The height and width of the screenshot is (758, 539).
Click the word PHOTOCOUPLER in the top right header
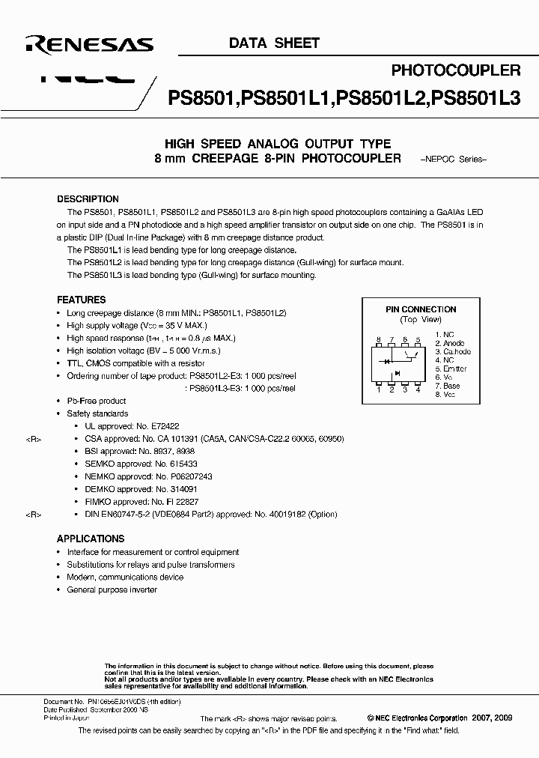click(x=456, y=70)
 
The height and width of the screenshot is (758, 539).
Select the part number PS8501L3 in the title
click(x=477, y=97)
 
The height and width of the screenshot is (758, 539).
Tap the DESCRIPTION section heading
click(x=88, y=199)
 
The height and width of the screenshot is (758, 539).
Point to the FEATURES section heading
click(x=81, y=298)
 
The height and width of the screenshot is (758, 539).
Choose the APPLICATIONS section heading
click(x=91, y=539)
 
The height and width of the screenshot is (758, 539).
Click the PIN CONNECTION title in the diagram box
click(x=420, y=309)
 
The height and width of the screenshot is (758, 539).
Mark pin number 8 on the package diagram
click(x=379, y=339)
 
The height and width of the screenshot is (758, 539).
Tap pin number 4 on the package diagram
click(x=418, y=389)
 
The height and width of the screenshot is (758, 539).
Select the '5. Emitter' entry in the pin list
click(x=451, y=369)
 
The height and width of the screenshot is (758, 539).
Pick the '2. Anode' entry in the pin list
click(x=450, y=343)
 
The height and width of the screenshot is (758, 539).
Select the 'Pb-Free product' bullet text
click(x=96, y=401)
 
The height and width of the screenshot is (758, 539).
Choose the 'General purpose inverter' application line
click(x=112, y=589)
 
